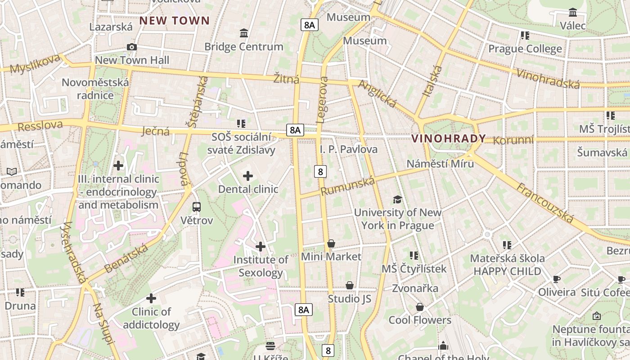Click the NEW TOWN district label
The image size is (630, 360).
(175, 21)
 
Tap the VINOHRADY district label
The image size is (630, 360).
(449, 139)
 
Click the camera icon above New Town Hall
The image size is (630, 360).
(132, 47)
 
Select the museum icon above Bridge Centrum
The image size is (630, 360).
(244, 33)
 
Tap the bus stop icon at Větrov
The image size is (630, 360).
(197, 207)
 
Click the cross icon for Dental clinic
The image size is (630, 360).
(248, 176)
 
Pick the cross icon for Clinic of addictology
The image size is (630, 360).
(151, 298)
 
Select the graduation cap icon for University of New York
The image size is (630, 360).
(397, 199)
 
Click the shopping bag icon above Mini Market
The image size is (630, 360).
(331, 243)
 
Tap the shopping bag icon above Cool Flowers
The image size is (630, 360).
(420, 307)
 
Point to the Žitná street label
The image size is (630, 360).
(286, 79)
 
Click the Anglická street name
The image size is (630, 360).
(377, 94)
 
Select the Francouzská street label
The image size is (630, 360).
(545, 203)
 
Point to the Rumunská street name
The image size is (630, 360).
(348, 186)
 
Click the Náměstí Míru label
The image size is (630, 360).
(440, 163)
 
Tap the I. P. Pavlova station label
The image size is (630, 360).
(349, 149)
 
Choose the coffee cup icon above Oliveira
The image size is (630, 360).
(557, 279)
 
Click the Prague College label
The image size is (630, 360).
(525, 49)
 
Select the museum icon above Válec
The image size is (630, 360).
(573, 12)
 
